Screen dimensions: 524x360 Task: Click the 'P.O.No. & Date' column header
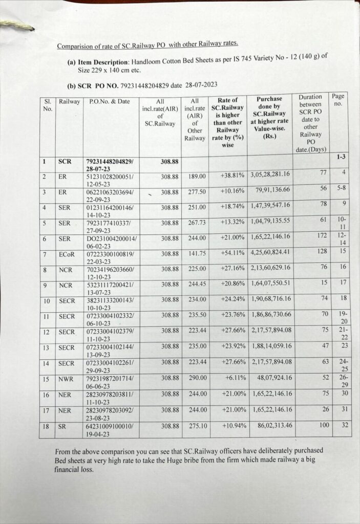(110, 101)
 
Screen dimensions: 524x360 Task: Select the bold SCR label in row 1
(65, 162)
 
